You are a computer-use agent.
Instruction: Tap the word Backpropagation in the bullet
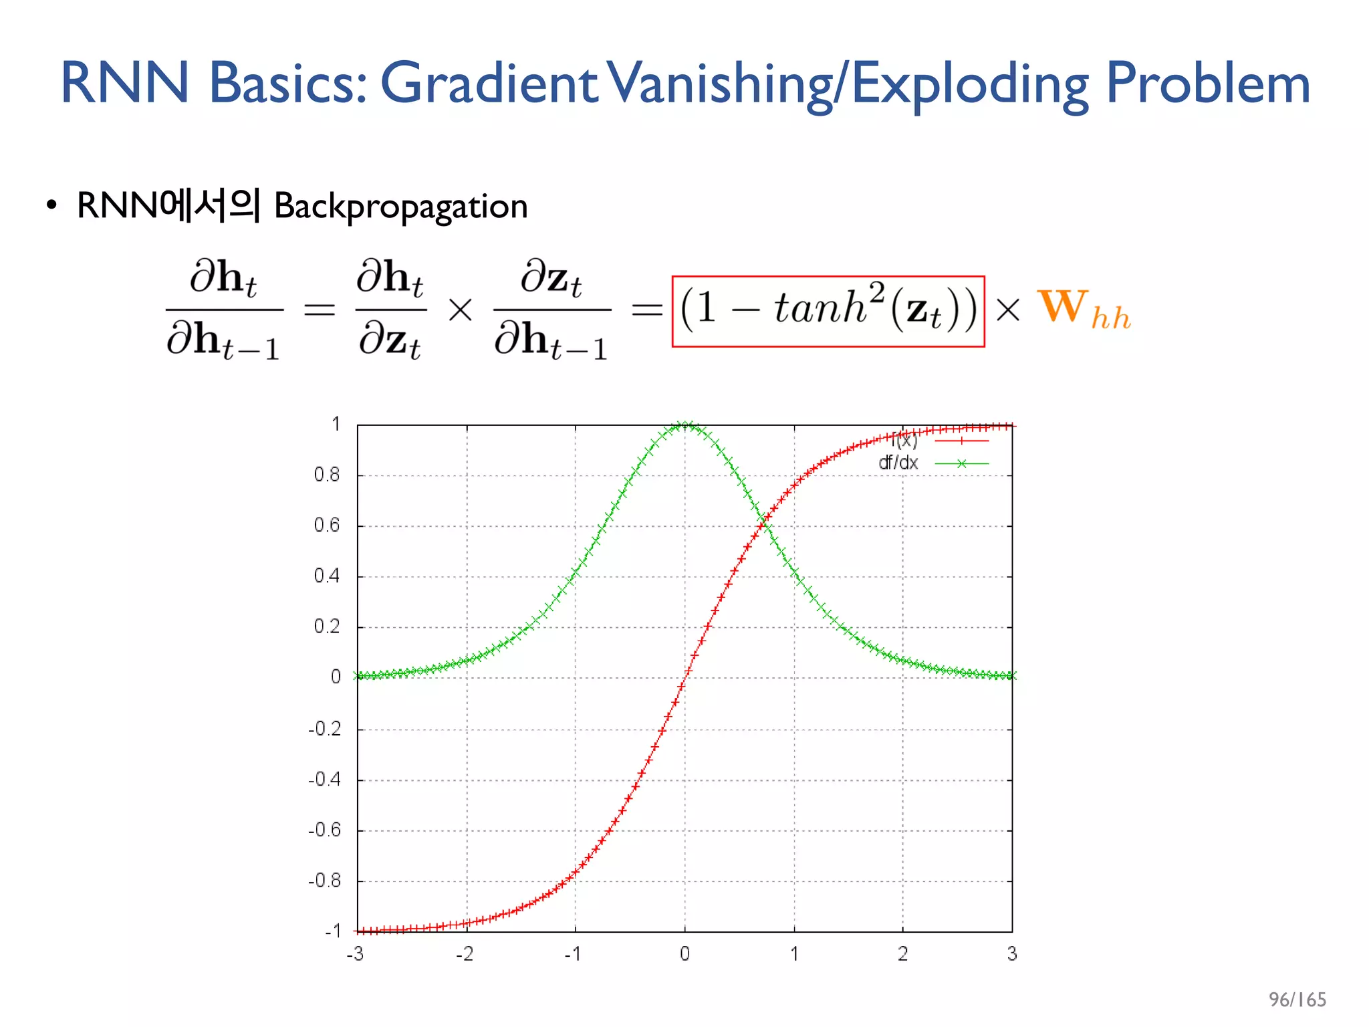(x=400, y=207)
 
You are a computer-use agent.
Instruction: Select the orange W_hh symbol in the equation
(x=1084, y=310)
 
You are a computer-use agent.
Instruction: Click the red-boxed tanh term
(x=828, y=311)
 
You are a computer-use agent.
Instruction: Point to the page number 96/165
(x=1297, y=999)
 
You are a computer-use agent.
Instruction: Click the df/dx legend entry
(x=898, y=463)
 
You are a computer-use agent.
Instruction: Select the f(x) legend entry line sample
(x=961, y=441)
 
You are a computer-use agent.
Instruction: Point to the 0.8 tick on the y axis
(x=327, y=475)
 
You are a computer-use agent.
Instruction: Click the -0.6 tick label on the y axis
(x=324, y=830)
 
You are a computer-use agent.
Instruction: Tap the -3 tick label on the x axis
(x=355, y=953)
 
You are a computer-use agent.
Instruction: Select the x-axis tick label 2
(x=902, y=953)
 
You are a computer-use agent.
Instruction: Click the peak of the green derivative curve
(x=685, y=425)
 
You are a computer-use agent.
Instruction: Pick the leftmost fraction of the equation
(x=223, y=310)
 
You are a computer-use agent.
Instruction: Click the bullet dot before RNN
(x=51, y=206)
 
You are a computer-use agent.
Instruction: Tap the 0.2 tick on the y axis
(x=327, y=627)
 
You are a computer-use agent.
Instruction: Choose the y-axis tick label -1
(x=332, y=931)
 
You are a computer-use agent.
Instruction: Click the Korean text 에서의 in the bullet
(x=209, y=205)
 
